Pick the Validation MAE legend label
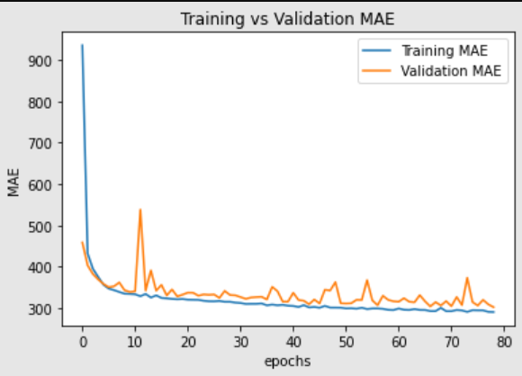click(x=442, y=70)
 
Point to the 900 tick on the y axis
click(x=42, y=60)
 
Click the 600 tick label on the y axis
click(x=42, y=184)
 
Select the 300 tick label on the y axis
click(x=42, y=309)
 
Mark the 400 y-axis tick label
click(x=42, y=267)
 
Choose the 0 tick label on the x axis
click(x=83, y=342)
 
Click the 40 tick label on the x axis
click(x=293, y=342)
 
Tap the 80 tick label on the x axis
click(x=504, y=342)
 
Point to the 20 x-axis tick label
click(x=188, y=342)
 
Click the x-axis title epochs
click(x=288, y=361)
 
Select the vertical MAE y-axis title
click(x=13, y=184)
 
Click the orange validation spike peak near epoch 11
click(x=140, y=210)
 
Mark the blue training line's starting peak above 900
click(x=83, y=45)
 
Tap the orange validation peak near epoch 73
click(x=467, y=278)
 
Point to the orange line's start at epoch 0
click(x=83, y=242)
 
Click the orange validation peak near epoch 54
click(x=367, y=281)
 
